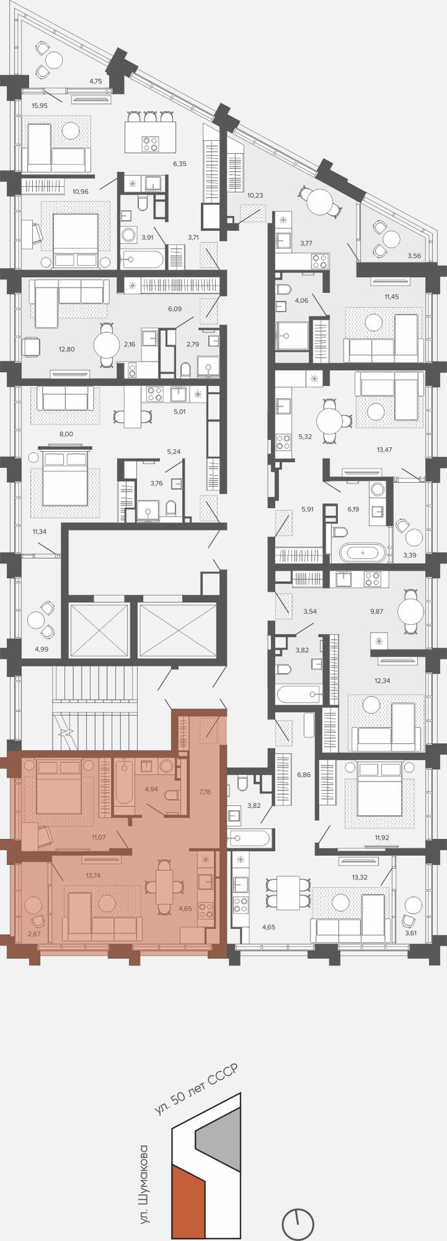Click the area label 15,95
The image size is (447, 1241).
[x=39, y=105]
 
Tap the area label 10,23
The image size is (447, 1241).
[x=255, y=195]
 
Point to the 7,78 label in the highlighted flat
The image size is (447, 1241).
[x=205, y=791]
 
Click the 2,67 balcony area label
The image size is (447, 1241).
[x=34, y=933]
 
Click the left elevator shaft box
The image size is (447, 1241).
[x=99, y=630]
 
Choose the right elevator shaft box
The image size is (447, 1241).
[x=177, y=630]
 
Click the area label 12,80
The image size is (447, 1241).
[x=67, y=350]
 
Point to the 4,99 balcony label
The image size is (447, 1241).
[x=42, y=650]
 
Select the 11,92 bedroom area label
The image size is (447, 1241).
[x=382, y=838]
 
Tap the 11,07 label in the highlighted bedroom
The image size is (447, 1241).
[x=99, y=838]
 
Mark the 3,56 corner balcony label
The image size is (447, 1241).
[x=414, y=256]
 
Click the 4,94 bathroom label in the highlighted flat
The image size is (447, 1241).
[x=151, y=789]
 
